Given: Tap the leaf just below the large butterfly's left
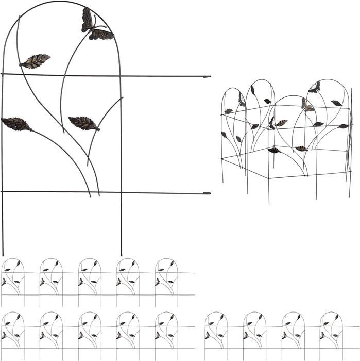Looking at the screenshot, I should [x=35, y=61].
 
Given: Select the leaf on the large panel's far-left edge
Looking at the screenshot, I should [x=16, y=124].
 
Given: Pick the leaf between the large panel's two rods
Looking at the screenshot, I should [x=84, y=123].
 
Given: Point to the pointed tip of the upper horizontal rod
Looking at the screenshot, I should [x=208, y=77].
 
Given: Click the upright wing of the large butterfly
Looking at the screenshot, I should [x=87, y=20].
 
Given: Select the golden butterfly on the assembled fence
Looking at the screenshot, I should [x=307, y=106].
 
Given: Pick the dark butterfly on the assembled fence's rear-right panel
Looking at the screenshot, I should [x=314, y=88].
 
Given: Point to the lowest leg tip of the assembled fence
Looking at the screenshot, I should [x=268, y=203].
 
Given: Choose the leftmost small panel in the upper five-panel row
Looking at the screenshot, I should [x=13, y=282].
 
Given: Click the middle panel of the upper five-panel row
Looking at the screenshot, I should [x=90, y=282].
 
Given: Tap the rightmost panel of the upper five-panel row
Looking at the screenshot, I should [x=166, y=282].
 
